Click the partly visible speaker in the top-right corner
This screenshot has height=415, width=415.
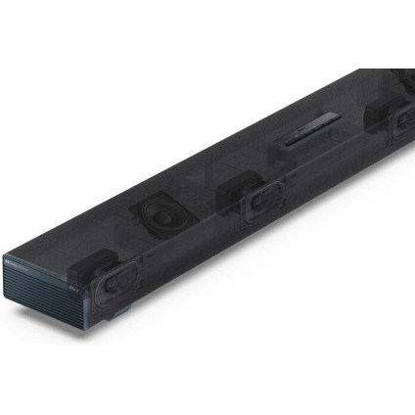point(401,78)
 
